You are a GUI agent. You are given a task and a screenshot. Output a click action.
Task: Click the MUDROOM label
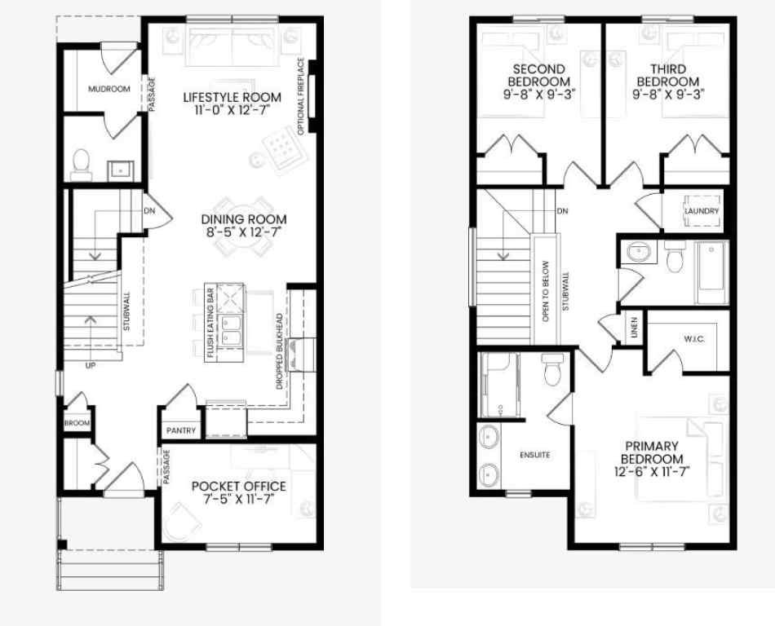108,89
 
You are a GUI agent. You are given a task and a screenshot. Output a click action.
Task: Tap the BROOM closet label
77,423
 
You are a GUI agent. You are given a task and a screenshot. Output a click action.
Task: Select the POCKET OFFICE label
238,487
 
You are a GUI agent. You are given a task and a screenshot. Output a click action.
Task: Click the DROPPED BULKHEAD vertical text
280,350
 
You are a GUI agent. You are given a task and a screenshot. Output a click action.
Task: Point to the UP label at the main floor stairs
90,365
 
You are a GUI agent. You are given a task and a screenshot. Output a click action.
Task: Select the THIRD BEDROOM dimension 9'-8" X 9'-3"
667,94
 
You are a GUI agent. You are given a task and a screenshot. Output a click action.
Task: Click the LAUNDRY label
702,211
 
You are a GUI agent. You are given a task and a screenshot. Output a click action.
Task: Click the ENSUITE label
535,454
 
